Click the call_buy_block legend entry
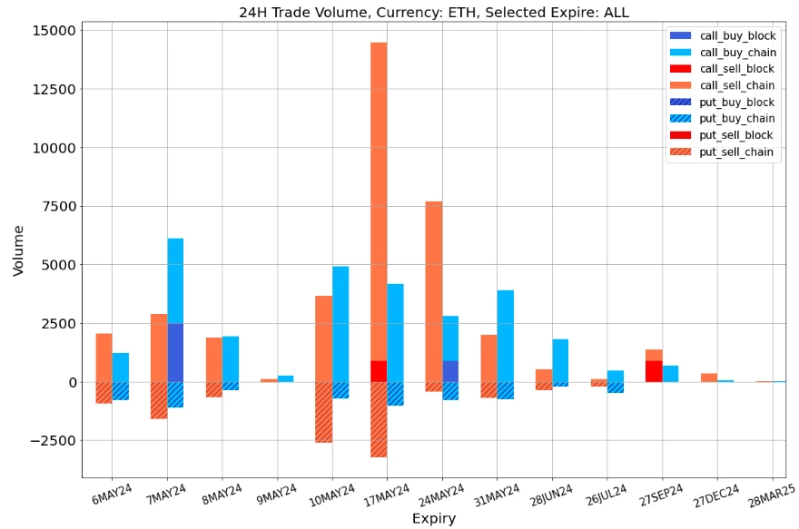point(722,35)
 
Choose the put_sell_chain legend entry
point(722,152)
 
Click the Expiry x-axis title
point(433,519)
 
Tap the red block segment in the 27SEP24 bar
point(654,371)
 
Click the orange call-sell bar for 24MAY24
point(434,290)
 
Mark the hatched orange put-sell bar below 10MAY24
point(323,412)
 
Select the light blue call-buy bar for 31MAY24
point(506,336)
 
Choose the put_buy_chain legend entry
point(722,119)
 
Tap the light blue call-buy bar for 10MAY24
point(340,324)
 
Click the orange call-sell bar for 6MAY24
point(104,358)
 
